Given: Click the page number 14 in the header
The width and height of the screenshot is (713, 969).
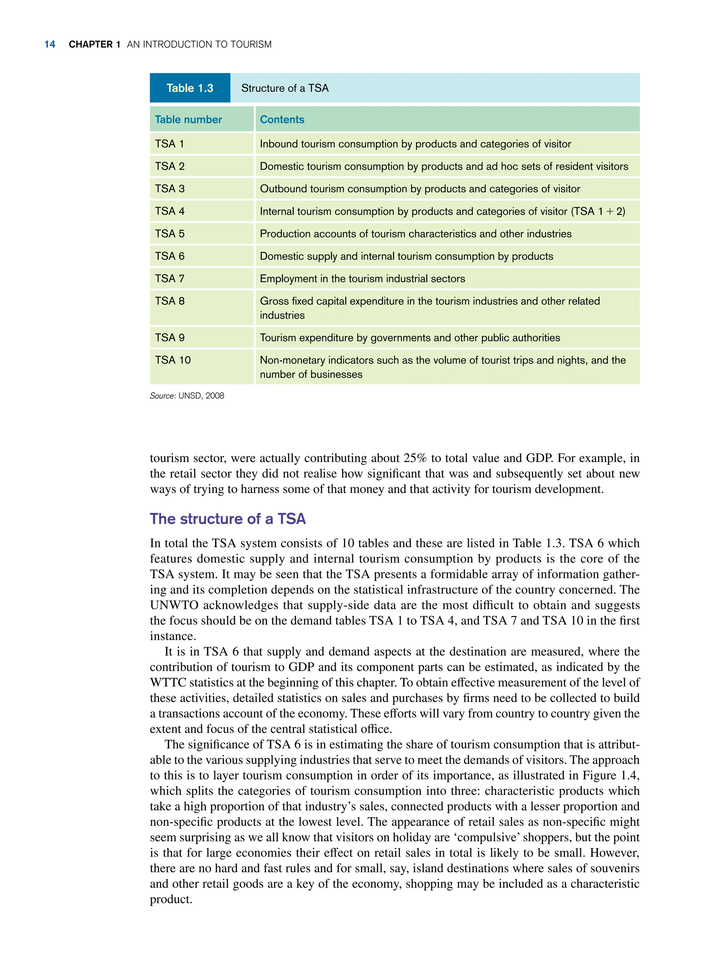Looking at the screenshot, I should pos(50,45).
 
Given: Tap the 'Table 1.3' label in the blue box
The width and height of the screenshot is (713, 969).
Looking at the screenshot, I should pos(190,88).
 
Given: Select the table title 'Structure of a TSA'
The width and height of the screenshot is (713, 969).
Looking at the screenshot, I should pos(284,88).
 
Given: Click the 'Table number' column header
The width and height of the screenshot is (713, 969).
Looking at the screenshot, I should pos(188,119).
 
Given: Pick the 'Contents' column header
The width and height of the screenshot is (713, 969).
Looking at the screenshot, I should pos(282,119).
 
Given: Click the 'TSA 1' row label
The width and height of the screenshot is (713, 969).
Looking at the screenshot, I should pos(169,144).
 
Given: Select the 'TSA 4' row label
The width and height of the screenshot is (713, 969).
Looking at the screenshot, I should pos(170,211).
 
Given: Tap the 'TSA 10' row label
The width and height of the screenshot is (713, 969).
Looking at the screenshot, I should pos(173,360).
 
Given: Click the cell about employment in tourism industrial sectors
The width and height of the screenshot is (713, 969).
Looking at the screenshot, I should pos(362,279).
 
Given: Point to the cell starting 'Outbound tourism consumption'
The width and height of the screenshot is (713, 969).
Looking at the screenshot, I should pos(420,189).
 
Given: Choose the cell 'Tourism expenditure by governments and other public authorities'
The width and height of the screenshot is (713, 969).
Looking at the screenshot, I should pos(409,337).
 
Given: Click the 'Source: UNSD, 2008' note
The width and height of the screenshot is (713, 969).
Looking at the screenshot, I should pos(187,396).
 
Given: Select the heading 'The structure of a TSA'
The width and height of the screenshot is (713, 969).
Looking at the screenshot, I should pos(227,518).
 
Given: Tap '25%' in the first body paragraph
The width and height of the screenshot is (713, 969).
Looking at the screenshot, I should pos(415,458).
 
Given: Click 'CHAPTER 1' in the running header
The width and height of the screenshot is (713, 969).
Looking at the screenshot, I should pos(94,45).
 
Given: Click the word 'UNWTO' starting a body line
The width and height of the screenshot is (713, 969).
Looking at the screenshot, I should pos(174,605).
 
